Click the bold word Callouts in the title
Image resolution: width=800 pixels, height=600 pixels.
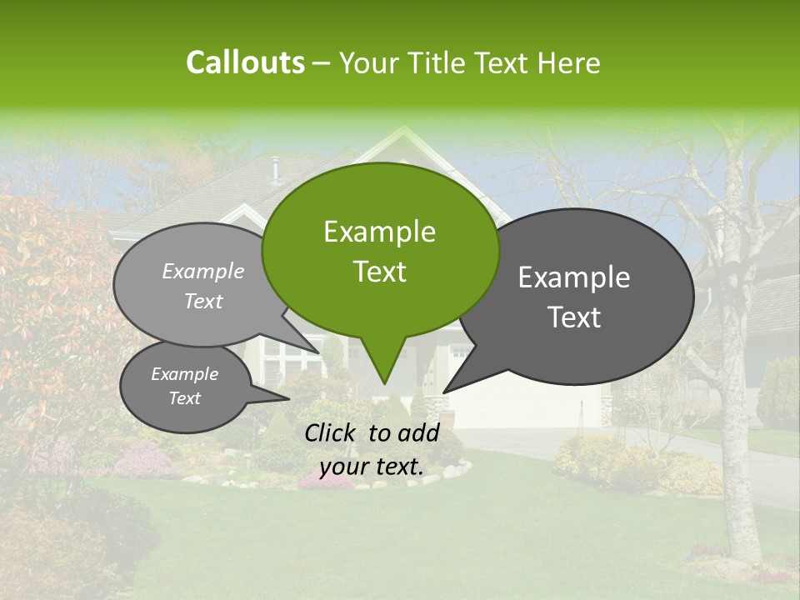(245, 62)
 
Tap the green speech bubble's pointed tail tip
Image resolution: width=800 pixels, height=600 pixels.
(384, 383)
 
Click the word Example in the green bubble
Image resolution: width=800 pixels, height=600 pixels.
(379, 232)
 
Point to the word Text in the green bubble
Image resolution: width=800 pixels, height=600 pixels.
(379, 272)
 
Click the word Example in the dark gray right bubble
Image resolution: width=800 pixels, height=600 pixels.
(574, 277)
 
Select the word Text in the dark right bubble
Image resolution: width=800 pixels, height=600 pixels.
(574, 317)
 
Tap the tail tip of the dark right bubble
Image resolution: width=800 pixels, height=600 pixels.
(444, 392)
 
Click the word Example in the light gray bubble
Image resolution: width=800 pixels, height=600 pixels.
(203, 272)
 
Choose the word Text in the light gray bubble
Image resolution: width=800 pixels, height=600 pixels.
(203, 302)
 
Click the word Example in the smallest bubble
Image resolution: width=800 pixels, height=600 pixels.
(184, 374)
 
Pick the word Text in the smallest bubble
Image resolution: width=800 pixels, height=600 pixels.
(184, 398)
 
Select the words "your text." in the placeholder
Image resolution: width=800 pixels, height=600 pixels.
(372, 467)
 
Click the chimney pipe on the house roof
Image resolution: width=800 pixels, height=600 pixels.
(273, 170)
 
